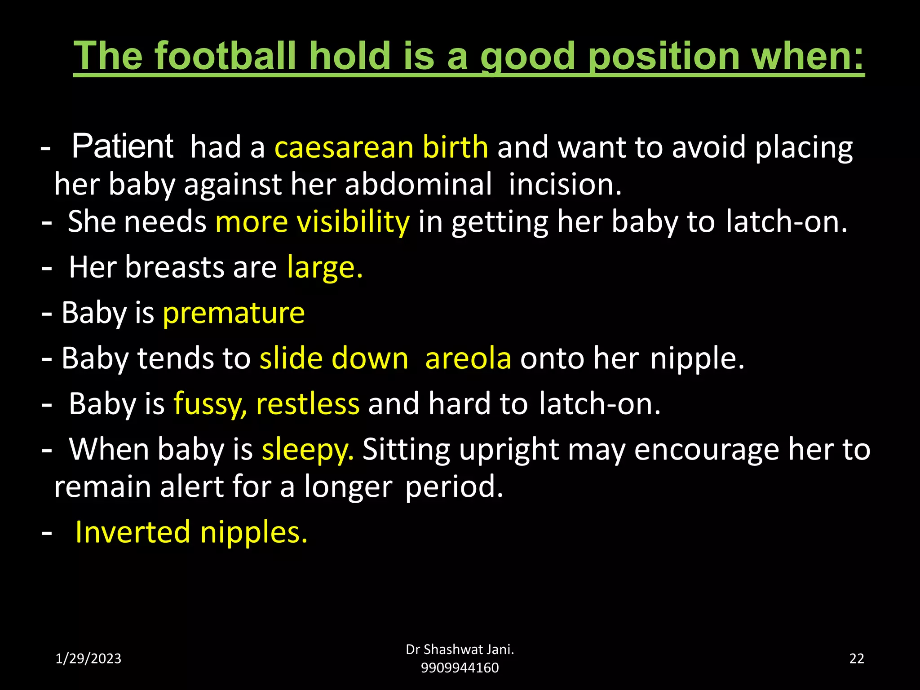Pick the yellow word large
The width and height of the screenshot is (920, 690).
(324, 267)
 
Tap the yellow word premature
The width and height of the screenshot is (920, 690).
(234, 313)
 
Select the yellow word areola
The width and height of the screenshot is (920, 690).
(468, 358)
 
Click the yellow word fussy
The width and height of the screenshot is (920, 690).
(210, 404)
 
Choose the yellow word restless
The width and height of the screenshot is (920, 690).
(308, 404)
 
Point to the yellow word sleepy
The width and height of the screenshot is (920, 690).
(308, 449)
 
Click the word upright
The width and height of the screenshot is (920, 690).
(509, 449)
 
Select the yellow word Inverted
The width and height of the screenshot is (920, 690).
(133, 532)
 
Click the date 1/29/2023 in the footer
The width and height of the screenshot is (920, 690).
(88, 659)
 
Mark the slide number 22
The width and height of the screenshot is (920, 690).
(856, 659)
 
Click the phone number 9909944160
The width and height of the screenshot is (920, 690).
(460, 668)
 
